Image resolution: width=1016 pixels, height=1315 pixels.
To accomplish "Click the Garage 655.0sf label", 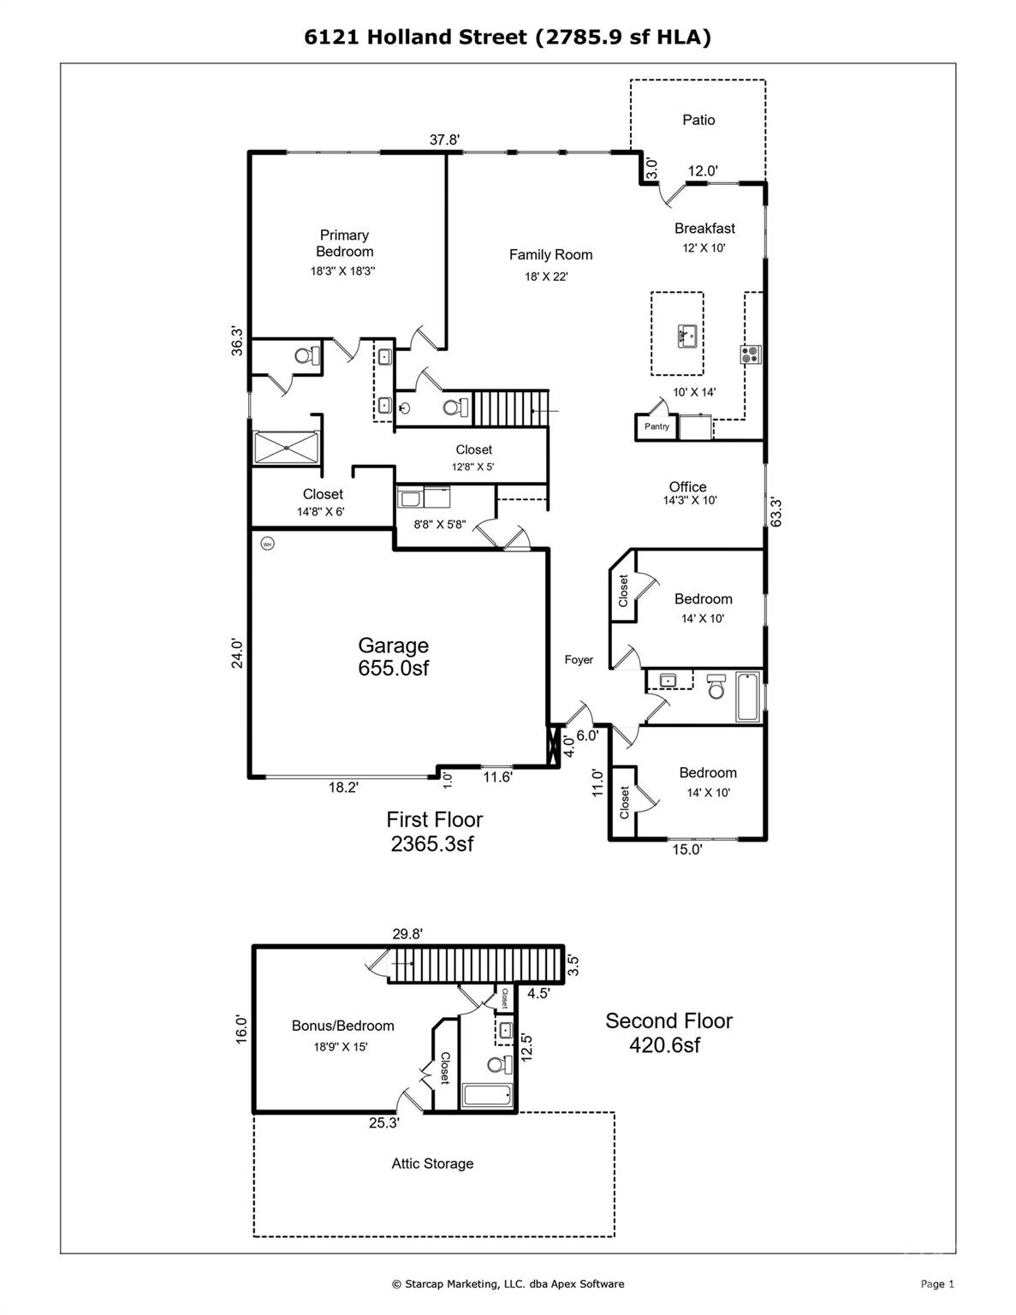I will tap(393, 657).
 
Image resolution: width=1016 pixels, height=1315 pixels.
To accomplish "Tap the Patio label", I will tap(698, 120).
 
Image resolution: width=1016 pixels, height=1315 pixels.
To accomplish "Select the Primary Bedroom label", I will tap(344, 243).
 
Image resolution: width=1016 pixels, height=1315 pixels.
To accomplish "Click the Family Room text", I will tap(550, 254).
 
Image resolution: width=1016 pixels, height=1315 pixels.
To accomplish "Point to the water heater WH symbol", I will tap(266, 543).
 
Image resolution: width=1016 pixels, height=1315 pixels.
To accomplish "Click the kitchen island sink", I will tap(686, 335).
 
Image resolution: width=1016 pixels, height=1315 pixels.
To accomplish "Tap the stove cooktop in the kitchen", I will tap(751, 354).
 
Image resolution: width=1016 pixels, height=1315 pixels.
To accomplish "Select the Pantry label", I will tap(657, 426).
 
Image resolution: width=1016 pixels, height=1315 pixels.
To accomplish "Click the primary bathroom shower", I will tap(287, 447).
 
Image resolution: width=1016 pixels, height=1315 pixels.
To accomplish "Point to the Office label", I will tap(687, 486).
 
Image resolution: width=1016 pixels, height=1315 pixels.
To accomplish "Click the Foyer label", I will tap(579, 660).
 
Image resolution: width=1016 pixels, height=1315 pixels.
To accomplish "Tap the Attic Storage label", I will tap(432, 1163).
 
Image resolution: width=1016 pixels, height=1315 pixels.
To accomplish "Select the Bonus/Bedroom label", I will tap(342, 1026).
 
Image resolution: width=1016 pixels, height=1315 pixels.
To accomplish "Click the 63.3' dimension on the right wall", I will tap(775, 512).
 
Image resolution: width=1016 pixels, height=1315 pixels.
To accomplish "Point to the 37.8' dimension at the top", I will tap(444, 140).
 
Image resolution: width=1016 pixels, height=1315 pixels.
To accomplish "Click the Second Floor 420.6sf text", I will tap(668, 1032).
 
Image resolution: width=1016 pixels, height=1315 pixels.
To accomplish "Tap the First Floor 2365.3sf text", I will tap(434, 831).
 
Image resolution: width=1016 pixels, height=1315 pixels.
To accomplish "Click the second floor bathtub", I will tap(487, 1095).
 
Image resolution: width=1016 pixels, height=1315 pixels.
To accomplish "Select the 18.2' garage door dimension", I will tap(343, 788).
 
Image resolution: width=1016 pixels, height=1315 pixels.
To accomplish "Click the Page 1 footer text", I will tap(936, 1283).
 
